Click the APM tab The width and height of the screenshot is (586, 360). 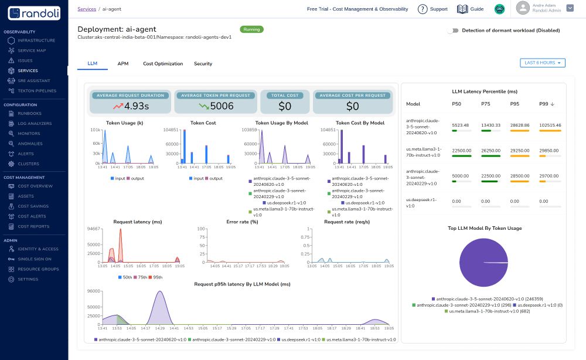coord(122,63)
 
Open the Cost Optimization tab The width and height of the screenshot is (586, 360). coord(163,63)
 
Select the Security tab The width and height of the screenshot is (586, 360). coord(203,63)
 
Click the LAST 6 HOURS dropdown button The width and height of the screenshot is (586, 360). coord(543,63)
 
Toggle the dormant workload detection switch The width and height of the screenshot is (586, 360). coord(452,30)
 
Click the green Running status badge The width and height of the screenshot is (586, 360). coord(251,29)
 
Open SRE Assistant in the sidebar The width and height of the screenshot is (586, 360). coord(33,80)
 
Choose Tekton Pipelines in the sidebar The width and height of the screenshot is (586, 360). coord(37,90)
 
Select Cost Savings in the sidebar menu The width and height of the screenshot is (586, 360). coord(33,206)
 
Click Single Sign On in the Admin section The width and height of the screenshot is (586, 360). coord(35,259)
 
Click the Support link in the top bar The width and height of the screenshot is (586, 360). coord(432,9)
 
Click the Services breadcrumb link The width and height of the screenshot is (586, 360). coord(87,9)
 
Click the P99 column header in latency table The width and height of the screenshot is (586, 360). coord(544,104)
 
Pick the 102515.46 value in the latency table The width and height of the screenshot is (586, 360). coord(550,125)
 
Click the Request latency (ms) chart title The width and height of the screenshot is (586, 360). coord(137,222)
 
